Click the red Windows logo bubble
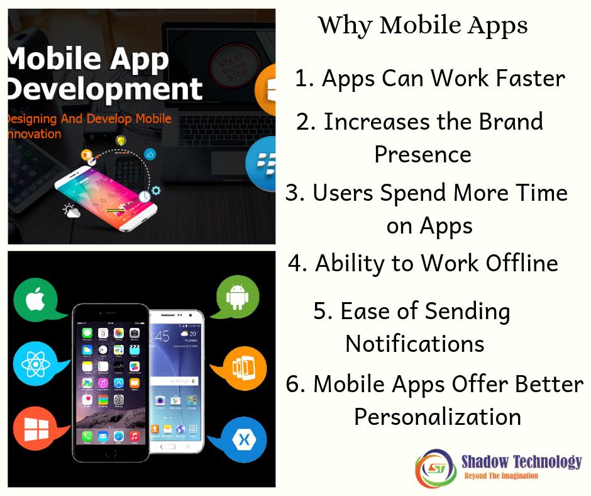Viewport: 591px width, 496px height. point(33,429)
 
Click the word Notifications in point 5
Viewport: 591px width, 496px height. point(415,344)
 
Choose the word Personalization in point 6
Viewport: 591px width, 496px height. point(438,417)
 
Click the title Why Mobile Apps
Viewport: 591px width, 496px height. point(423,26)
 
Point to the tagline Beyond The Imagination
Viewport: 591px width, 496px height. point(501,476)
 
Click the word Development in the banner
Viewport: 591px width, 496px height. point(104,89)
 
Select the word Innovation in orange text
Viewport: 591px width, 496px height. point(35,134)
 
